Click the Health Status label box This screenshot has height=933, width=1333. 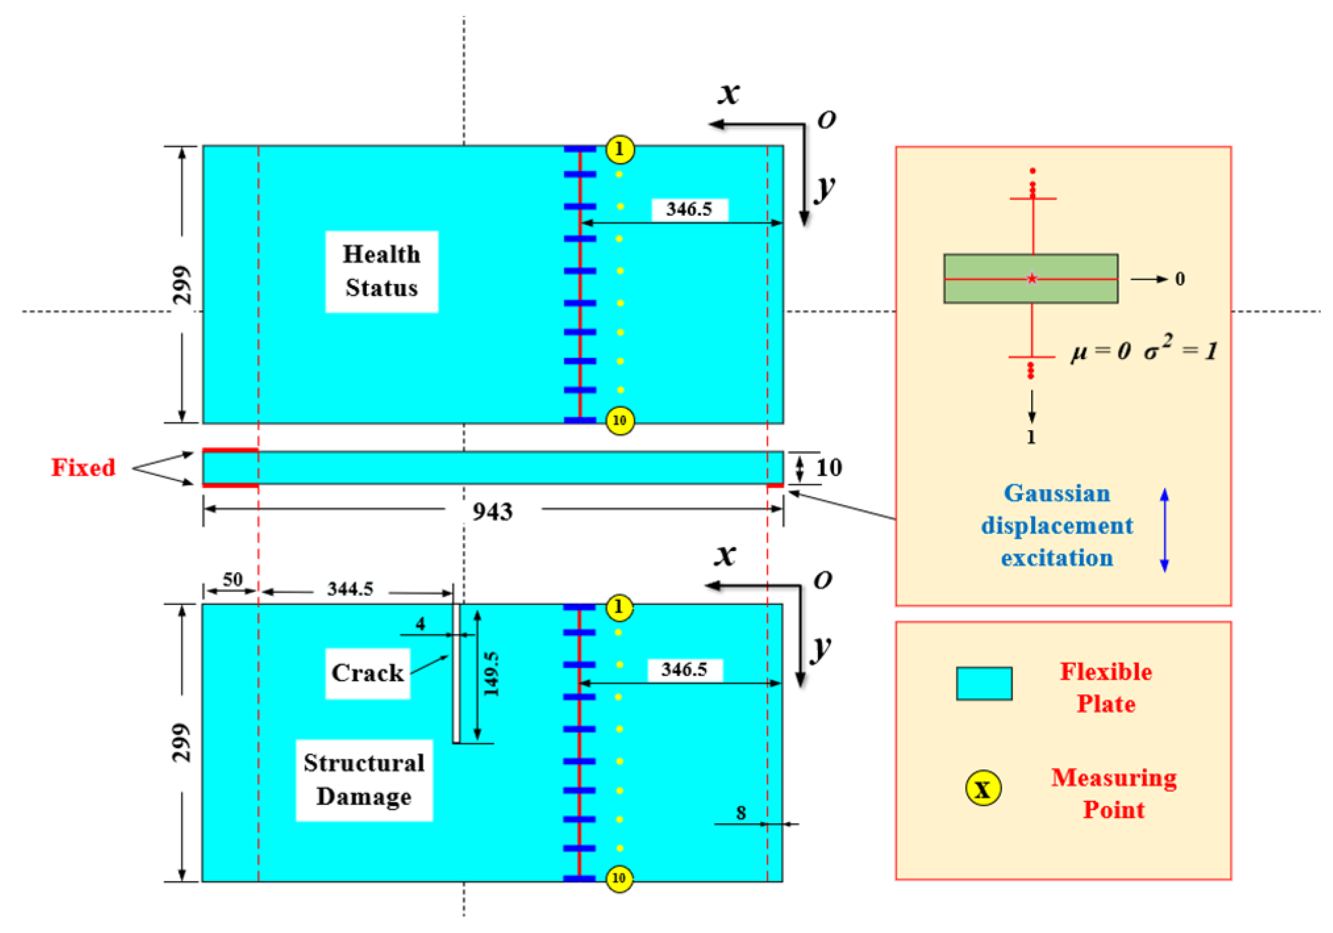click(381, 272)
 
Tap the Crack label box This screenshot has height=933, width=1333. click(368, 673)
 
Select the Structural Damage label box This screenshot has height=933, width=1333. click(364, 780)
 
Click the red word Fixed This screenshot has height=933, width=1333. click(84, 467)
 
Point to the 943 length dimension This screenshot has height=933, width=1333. click(493, 511)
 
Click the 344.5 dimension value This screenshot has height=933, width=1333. click(350, 588)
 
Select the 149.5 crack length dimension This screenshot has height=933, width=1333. click(491, 674)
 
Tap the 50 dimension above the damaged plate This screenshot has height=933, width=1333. click(232, 579)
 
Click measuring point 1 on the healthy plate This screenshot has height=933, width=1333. click(619, 150)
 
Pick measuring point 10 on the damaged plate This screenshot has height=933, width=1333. click(619, 878)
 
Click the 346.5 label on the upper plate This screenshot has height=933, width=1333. click(689, 209)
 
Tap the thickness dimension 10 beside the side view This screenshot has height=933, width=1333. click(829, 467)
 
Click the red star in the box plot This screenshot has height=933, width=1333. click(1032, 279)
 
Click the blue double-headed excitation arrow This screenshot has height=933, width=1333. click(1164, 530)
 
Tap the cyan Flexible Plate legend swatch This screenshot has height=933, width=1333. click(984, 684)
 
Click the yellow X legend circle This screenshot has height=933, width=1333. click(982, 788)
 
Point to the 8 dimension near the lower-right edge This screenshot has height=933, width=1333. click(741, 813)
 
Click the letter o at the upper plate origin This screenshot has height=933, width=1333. click(826, 119)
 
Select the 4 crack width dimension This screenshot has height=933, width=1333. click(421, 623)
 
